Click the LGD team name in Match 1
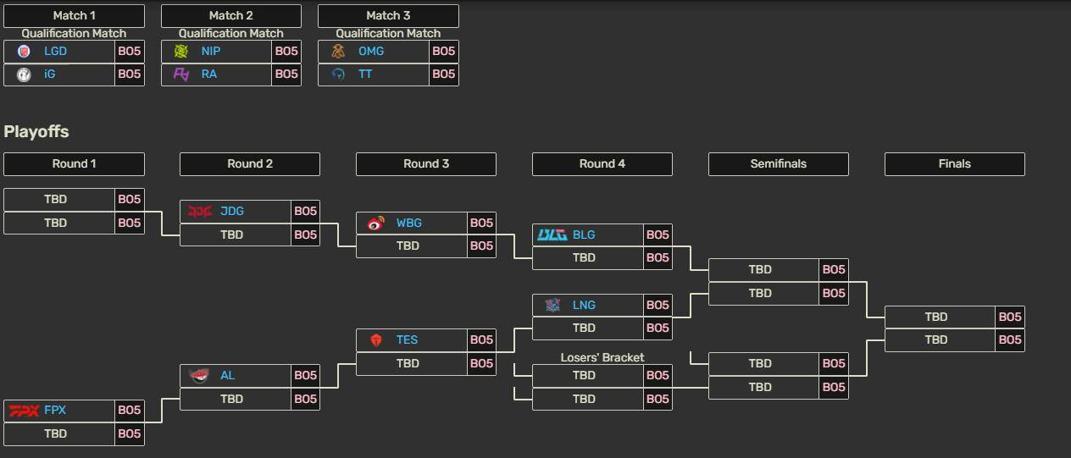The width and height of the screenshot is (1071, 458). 55,51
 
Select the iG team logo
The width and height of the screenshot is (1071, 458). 24,74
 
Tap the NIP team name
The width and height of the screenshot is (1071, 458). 211,51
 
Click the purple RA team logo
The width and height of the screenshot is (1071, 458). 180,74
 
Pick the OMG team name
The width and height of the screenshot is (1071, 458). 371,51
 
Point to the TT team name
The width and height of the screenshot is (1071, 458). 365,74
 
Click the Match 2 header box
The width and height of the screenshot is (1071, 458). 231,15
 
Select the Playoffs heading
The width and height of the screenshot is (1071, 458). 36,132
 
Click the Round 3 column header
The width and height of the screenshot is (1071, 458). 426,163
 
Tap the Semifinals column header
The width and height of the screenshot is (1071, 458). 779,163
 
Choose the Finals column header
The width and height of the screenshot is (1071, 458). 955,163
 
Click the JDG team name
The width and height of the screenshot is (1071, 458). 232,211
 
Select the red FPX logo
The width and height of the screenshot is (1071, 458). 24,411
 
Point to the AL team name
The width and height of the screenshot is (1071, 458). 227,375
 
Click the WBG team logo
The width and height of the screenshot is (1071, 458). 376,223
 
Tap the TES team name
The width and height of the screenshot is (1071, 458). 407,340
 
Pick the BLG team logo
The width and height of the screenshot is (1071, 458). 552,235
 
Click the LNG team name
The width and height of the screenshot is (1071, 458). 584,305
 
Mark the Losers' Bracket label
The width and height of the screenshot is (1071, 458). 602,357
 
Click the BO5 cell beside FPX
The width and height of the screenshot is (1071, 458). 130,411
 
